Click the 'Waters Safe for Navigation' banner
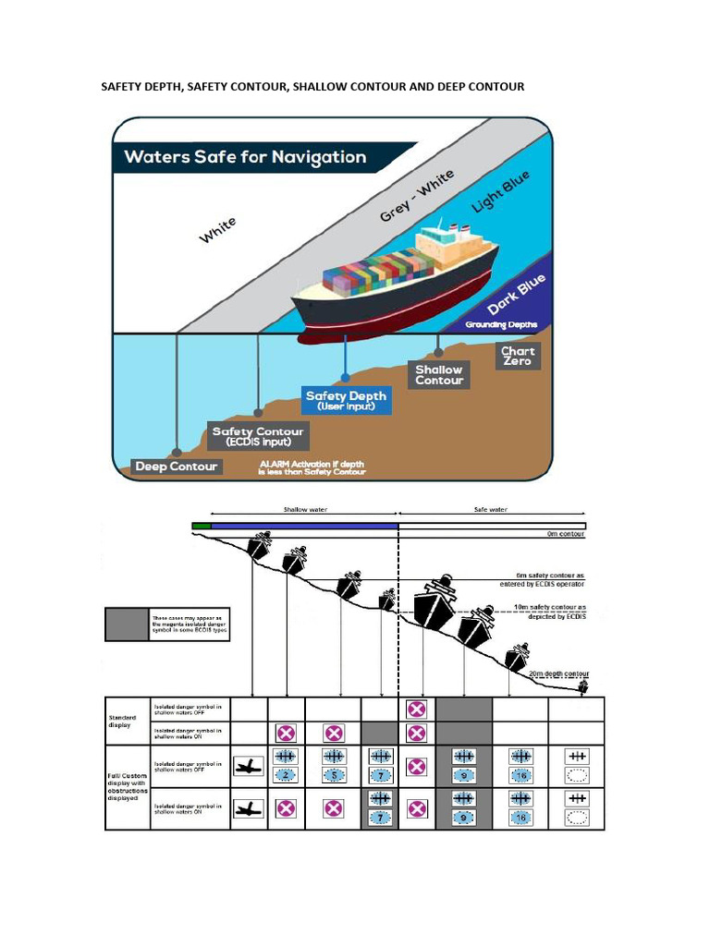245,157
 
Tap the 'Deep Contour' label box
176,467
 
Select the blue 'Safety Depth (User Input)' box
347,400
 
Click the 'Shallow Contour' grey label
439,374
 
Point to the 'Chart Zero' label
518,356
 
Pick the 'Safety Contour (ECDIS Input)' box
258,436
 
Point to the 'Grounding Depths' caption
500,325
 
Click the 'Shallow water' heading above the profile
304,509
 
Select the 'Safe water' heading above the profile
490,509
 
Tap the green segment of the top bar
202,526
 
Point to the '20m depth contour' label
558,674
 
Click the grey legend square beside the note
127,624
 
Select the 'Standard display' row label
123,721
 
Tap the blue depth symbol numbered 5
335,774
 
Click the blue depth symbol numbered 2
286,774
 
